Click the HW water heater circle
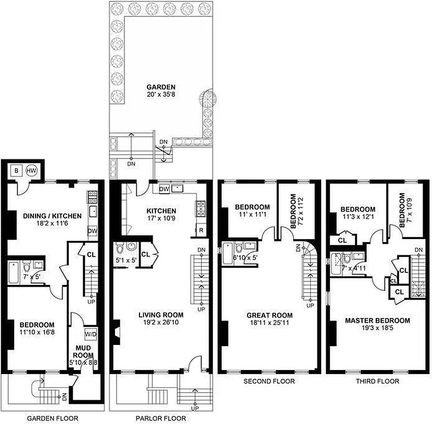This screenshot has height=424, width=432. [x=32, y=171]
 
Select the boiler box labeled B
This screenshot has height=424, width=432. [x=16, y=171]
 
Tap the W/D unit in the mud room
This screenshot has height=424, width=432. [x=90, y=335]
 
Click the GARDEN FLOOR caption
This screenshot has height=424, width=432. [x=52, y=419]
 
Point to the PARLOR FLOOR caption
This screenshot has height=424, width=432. [x=161, y=419]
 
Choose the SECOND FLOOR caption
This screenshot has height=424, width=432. [x=269, y=381]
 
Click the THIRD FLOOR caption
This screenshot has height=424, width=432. [x=377, y=381]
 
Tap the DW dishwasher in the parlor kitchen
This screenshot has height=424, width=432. [x=164, y=189]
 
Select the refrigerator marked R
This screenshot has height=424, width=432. [x=201, y=231]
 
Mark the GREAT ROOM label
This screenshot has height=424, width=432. [x=269, y=315]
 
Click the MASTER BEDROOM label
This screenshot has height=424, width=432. [x=377, y=320]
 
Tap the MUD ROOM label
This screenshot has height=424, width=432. [x=84, y=352]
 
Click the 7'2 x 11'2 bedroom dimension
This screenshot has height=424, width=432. [x=301, y=210]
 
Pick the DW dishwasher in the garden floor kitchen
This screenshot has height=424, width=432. [x=92, y=231]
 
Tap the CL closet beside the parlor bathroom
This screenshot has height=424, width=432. [x=145, y=254]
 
